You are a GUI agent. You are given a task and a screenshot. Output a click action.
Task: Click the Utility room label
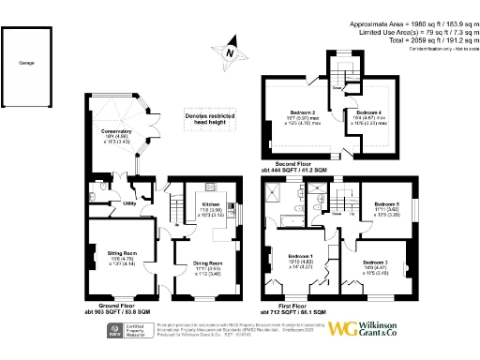pos(129,202)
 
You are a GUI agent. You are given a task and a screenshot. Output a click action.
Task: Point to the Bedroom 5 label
pos(388,204)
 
